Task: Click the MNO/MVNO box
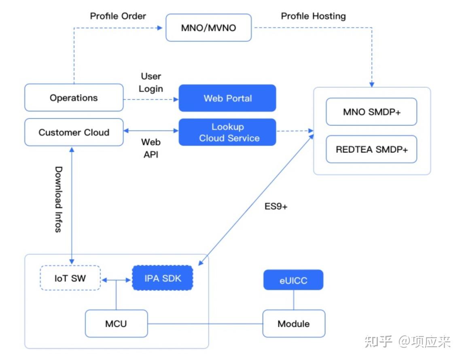[x=208, y=28]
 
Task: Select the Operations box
[x=74, y=97]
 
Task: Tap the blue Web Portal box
[x=227, y=98]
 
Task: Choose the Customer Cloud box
[x=74, y=132]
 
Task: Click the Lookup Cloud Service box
[x=227, y=132]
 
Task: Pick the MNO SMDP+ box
[x=371, y=112]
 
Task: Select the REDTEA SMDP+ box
[x=371, y=149]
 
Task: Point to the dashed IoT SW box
[x=70, y=278]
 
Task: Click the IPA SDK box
[x=163, y=278]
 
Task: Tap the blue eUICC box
[x=293, y=280]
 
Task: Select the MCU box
[x=116, y=324]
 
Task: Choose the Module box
[x=294, y=324]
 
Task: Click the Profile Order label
[x=118, y=16]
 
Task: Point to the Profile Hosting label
[x=313, y=16]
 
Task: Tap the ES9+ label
[x=276, y=206]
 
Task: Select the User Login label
[x=151, y=83]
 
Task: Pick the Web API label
[x=151, y=148]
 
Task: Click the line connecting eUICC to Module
[x=294, y=300]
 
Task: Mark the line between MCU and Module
[x=205, y=324]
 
